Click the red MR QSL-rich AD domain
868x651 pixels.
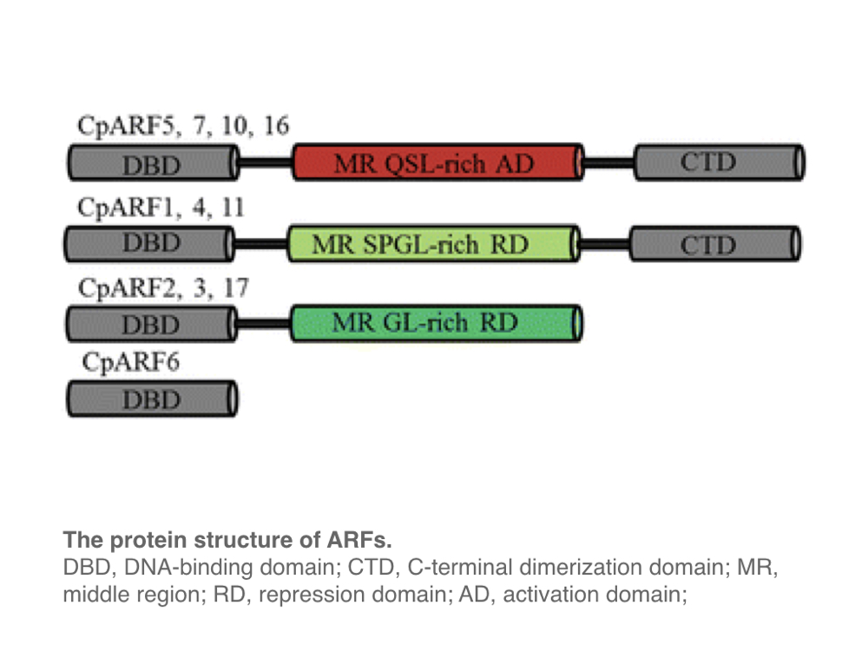(x=437, y=162)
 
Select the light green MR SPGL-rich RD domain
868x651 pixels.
(x=432, y=244)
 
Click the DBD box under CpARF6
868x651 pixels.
(x=151, y=399)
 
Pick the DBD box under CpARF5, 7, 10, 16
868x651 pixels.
(x=151, y=162)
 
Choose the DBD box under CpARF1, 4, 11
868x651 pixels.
(x=149, y=244)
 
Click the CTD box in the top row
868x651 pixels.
(x=719, y=162)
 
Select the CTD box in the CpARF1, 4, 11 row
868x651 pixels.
(x=714, y=244)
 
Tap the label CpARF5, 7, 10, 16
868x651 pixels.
(x=183, y=127)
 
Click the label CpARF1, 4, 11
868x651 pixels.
(x=161, y=208)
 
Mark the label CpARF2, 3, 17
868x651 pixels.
(x=162, y=288)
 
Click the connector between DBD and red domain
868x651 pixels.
(x=264, y=162)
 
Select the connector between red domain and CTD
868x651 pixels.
(x=608, y=162)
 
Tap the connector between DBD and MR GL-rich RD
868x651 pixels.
(x=264, y=325)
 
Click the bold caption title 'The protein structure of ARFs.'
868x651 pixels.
(x=227, y=541)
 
